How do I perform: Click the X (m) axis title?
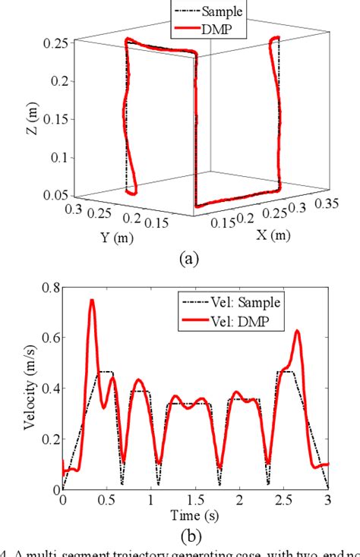[x=270, y=236]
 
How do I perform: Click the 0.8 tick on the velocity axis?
[x=49, y=287]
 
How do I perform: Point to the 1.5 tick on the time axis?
[x=194, y=501]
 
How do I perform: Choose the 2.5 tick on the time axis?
[x=283, y=501]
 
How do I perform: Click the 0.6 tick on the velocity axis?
[x=49, y=338]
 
